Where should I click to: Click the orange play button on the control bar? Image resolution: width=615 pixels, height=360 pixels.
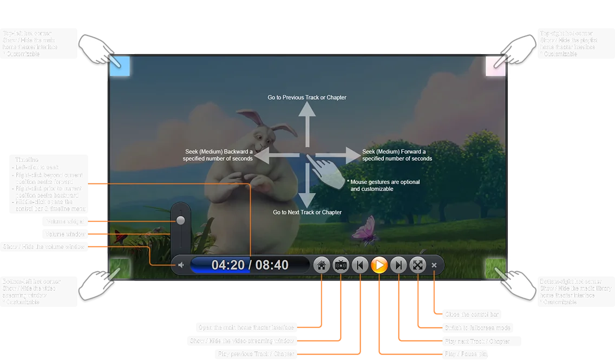pyautogui.click(x=380, y=265)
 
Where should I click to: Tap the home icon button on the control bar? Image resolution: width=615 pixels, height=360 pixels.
pyautogui.click(x=322, y=265)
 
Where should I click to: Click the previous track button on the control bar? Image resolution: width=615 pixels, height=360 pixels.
pyautogui.click(x=360, y=265)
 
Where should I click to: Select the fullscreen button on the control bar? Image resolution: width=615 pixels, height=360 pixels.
pyautogui.click(x=417, y=265)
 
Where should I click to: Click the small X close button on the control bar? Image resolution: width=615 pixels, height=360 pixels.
pyautogui.click(x=434, y=265)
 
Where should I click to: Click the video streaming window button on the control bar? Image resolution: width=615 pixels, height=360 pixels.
pyautogui.click(x=341, y=265)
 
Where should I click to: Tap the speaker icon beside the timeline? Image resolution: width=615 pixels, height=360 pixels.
pyautogui.click(x=181, y=265)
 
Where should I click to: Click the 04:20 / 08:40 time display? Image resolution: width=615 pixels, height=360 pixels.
pyautogui.click(x=250, y=265)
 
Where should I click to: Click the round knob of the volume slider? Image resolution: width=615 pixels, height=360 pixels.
pyautogui.click(x=180, y=220)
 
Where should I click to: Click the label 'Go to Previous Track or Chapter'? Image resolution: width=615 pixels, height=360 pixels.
pyautogui.click(x=307, y=97)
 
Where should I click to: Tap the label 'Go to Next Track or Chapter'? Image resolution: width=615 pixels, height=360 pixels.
pyautogui.click(x=307, y=212)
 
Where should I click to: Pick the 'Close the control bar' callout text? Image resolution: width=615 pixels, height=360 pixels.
pyautogui.click(x=472, y=315)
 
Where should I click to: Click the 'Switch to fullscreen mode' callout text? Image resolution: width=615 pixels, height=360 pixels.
pyautogui.click(x=477, y=328)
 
